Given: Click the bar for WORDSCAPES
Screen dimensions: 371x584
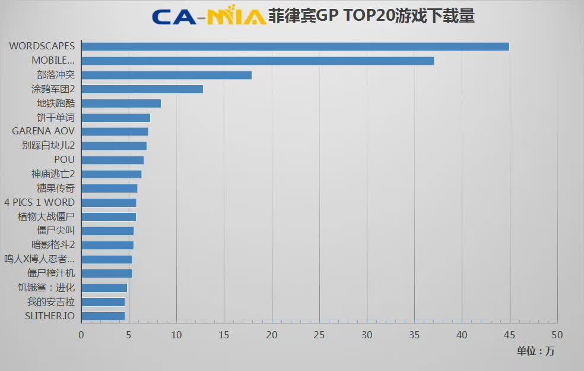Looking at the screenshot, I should coord(295,46).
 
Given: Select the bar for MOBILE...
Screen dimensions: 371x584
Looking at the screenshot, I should coord(258,61).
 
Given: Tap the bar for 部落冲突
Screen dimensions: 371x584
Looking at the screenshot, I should coord(166,75).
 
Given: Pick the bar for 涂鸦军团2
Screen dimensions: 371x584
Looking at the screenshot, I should coord(142,89).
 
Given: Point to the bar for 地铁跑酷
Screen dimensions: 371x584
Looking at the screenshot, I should coord(121,103).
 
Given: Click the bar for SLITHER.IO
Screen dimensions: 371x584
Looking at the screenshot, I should coord(103,316).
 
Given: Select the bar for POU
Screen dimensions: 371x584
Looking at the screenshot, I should coord(112,160).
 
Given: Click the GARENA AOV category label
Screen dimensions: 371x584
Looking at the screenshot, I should coord(43,131).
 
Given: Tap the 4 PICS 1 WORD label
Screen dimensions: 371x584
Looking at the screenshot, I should coord(39,202).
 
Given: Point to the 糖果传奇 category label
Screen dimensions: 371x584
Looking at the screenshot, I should coord(56,188).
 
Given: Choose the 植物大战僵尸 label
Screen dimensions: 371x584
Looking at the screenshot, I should coord(46,216).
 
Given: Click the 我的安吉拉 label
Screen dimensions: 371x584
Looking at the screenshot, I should coord(51,301).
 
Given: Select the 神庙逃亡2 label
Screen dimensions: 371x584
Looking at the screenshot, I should coord(53,174).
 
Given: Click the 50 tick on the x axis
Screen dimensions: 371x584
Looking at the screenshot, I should coord(557,335).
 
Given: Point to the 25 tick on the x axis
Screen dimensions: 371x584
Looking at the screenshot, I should coord(319,335).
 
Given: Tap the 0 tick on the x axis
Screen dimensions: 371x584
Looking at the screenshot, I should coord(81,335).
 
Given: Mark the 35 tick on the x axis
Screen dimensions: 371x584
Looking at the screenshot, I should coord(414,335).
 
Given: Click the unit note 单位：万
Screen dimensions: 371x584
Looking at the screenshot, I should coord(535,351).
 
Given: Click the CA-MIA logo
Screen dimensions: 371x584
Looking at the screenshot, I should coord(208,16).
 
